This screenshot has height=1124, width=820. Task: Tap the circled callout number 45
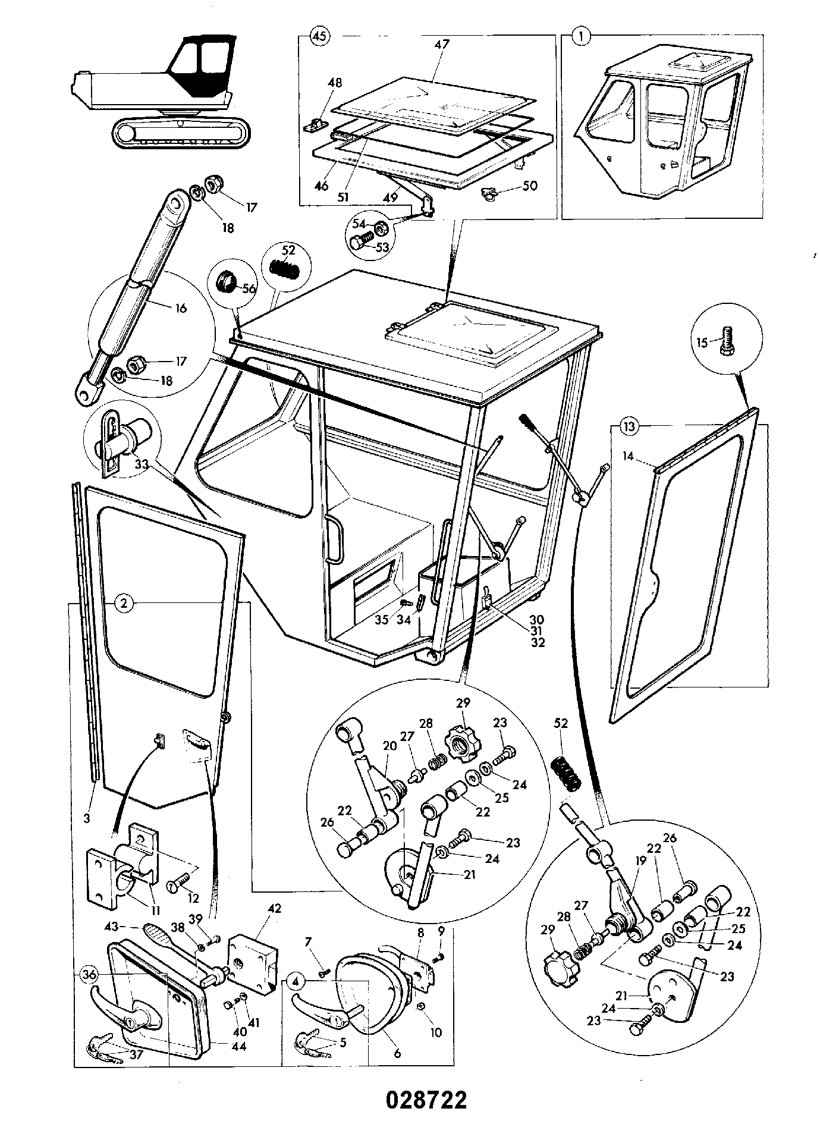[319, 36]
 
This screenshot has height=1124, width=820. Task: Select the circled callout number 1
[582, 36]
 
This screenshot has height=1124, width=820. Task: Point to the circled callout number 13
[630, 426]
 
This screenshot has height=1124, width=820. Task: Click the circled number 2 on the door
[124, 603]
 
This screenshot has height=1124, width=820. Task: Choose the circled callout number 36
[89, 975]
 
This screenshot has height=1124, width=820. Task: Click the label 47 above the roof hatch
[442, 44]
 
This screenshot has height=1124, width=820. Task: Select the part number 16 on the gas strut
[181, 308]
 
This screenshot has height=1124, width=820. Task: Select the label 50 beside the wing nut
[529, 186]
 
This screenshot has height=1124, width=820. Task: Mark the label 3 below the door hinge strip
[87, 819]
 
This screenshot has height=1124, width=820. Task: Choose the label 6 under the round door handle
[397, 1054]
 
